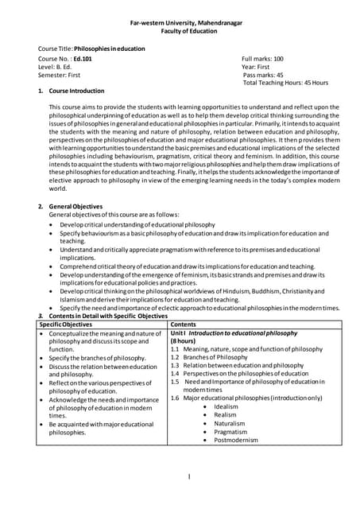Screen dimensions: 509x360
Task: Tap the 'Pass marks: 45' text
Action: point(268,75)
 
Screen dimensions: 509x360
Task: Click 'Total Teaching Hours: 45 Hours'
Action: point(285,83)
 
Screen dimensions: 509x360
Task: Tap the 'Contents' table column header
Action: point(184,324)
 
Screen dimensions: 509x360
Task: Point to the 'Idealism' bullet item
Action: point(226,406)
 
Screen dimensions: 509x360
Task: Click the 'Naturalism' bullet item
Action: point(229,423)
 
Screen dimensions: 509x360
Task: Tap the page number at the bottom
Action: point(190,476)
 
